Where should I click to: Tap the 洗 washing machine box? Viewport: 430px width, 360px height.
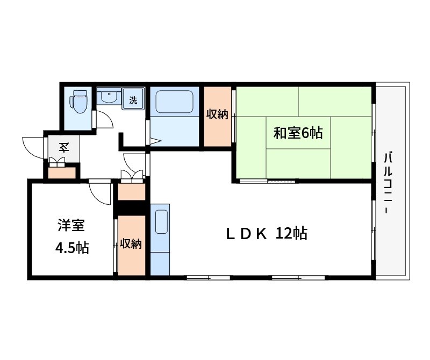(133, 99)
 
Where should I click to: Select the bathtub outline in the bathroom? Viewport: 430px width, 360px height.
(174, 102)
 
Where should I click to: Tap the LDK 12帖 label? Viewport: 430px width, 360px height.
(266, 234)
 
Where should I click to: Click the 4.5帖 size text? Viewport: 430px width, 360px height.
(71, 248)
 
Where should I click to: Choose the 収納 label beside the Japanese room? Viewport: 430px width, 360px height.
(217, 114)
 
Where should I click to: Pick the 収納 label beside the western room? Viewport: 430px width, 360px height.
(131, 244)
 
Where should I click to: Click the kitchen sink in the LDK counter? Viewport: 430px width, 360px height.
(161, 221)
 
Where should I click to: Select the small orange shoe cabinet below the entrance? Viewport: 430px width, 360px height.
(62, 173)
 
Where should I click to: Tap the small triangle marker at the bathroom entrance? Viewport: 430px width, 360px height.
(155, 142)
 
